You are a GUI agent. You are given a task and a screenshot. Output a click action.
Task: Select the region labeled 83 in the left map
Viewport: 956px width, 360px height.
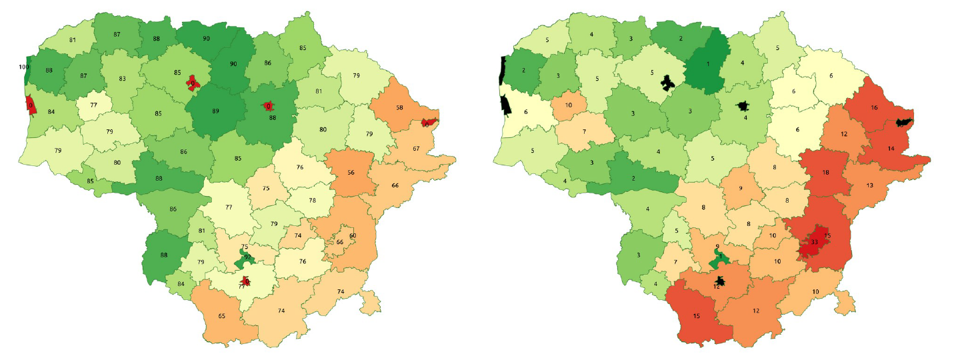tap(122, 79)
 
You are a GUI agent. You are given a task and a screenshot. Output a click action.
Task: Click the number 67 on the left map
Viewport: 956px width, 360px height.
tap(417, 149)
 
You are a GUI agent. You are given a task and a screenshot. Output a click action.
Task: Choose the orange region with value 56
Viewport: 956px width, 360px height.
tap(351, 172)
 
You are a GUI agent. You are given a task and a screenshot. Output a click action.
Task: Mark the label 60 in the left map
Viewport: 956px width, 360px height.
tap(353, 236)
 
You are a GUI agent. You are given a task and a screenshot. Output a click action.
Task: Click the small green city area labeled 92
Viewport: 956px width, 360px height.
tap(246, 258)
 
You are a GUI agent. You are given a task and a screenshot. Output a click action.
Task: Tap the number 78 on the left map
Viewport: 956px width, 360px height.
tap(312, 201)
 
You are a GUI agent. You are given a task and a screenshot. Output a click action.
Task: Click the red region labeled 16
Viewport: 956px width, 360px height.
tap(874, 107)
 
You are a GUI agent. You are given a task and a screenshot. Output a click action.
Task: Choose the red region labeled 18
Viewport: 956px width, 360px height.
tap(825, 172)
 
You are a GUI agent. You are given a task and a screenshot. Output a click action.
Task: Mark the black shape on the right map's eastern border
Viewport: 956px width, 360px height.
tap(903, 123)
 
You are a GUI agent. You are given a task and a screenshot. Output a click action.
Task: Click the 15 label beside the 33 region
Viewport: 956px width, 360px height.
tap(828, 236)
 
